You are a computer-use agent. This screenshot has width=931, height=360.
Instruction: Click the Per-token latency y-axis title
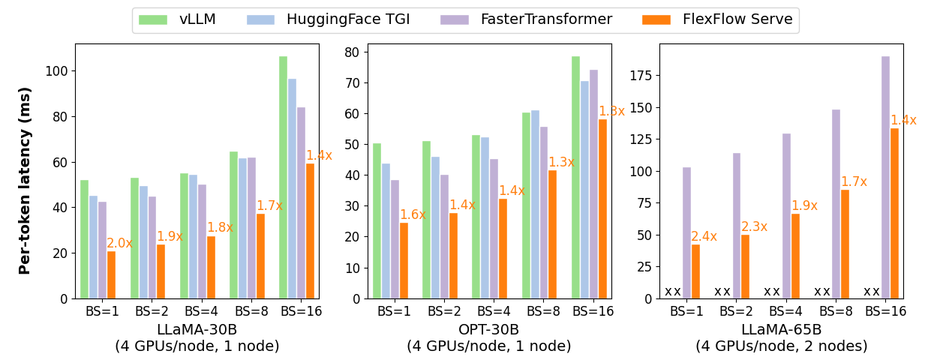coord(26,180)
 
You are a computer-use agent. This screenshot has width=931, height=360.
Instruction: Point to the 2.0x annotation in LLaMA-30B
coord(119,243)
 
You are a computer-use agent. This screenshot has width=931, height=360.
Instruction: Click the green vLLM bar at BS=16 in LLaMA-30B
coord(283,177)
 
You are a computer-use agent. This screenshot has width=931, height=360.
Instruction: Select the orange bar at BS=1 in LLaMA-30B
coord(111,274)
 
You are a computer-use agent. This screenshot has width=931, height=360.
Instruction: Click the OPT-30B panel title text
coord(488,330)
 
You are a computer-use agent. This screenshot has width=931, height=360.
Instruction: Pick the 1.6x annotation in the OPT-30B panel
coord(412,214)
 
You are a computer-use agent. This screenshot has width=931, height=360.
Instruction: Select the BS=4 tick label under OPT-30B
coord(488,311)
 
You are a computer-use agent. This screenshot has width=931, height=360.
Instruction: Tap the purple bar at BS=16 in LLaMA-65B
coord(885,177)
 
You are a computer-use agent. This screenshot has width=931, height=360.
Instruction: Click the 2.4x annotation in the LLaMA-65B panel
coord(704,236)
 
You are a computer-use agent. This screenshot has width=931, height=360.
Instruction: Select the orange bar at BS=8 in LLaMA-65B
coord(845,244)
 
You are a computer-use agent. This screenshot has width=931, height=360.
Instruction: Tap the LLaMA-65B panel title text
coord(781,330)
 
